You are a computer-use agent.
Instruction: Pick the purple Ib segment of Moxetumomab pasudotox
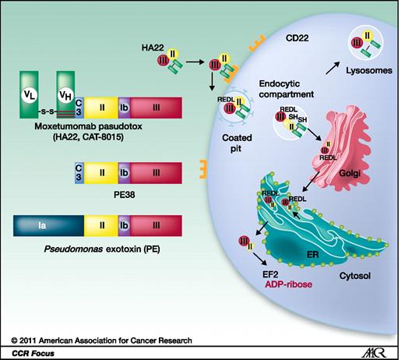click(x=124, y=106)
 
